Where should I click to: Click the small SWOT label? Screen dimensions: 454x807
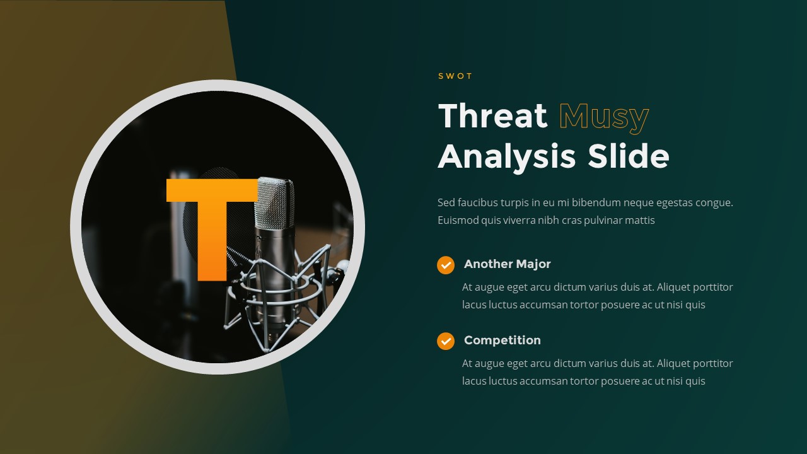[455, 76]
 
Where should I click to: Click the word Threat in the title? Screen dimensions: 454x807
[492, 116]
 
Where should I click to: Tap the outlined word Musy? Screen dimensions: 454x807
[603, 116]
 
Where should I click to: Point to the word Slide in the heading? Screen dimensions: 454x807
[628, 156]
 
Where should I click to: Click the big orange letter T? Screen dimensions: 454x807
[212, 227]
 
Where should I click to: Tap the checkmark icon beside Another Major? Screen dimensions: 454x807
[446, 265]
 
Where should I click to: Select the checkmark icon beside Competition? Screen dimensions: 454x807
[446, 341]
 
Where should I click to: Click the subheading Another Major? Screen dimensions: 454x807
[507, 264]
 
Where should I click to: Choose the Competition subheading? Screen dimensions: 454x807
[502, 340]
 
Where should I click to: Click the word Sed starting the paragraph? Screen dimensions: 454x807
[446, 203]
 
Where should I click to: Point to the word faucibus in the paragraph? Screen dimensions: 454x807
[477, 203]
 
